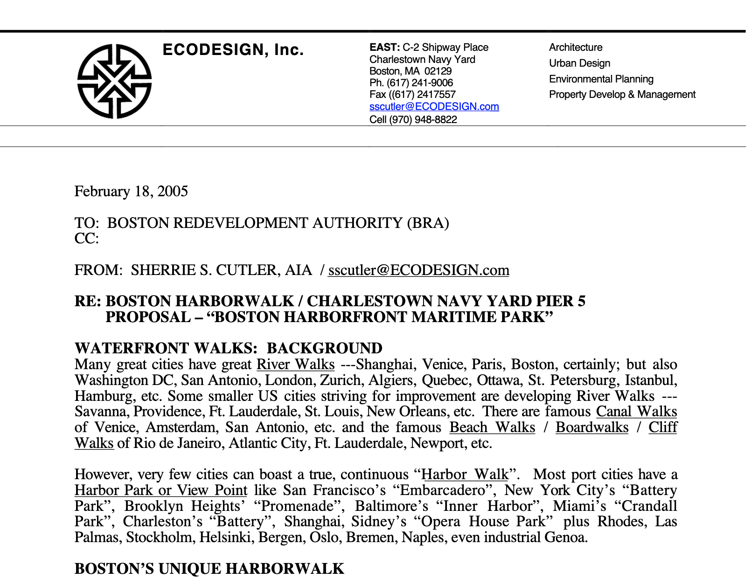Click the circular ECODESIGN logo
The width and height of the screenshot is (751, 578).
(x=114, y=81)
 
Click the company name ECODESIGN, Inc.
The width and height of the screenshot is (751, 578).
(x=233, y=49)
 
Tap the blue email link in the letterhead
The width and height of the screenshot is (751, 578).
(x=434, y=107)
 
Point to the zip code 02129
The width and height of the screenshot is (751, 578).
(x=438, y=71)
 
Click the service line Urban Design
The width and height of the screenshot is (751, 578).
(x=579, y=63)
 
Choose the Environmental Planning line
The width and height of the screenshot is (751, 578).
(x=601, y=79)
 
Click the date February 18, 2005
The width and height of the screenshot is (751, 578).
(x=131, y=192)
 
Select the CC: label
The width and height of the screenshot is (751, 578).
(x=87, y=239)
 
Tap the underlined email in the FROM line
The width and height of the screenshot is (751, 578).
(x=418, y=270)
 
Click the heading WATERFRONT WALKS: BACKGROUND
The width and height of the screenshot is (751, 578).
(x=228, y=348)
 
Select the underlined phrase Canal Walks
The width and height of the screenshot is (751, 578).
(x=636, y=412)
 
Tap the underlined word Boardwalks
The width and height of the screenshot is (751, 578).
(x=591, y=427)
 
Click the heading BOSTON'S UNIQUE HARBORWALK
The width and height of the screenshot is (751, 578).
(x=209, y=569)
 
